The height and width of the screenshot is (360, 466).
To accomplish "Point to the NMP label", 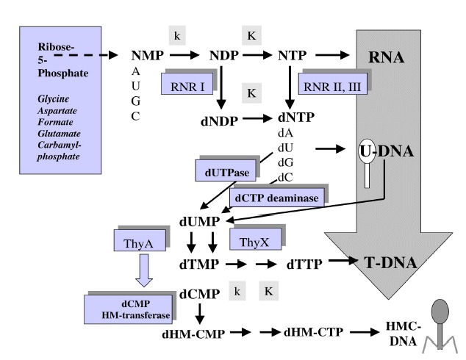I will pyautogui.click(x=148, y=55).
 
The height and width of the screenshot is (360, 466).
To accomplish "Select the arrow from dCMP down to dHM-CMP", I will pyautogui.click(x=200, y=314).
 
